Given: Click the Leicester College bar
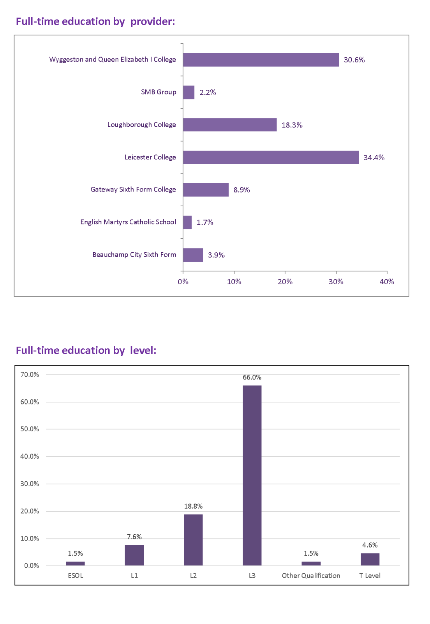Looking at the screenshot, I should (x=271, y=157).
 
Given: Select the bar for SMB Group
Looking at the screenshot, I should (x=189, y=92).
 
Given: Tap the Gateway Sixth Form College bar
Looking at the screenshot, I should (x=206, y=190).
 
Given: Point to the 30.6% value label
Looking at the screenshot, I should (x=354, y=60).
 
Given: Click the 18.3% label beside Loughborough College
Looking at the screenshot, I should (x=292, y=125).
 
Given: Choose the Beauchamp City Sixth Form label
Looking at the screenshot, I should (x=134, y=255).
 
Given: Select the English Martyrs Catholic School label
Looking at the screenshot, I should (x=128, y=222).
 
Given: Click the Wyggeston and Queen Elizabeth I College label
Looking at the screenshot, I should (x=113, y=59).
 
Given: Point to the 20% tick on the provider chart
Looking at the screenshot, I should (x=285, y=282).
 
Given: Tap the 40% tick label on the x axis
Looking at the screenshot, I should (x=387, y=282).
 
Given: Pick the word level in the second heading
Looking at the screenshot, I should (x=143, y=350).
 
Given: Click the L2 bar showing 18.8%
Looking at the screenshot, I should (x=193, y=540).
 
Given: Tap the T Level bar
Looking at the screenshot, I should (x=370, y=559).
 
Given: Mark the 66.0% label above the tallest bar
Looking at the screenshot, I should (x=252, y=377).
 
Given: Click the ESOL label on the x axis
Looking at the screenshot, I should (x=76, y=576).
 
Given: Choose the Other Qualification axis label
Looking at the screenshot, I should (x=311, y=576).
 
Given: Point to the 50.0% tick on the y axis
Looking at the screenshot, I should (x=30, y=429).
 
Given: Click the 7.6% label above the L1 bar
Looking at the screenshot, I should (x=134, y=537).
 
